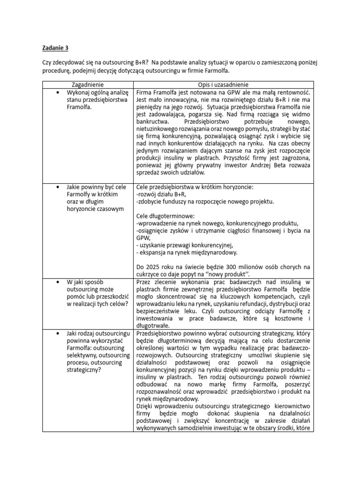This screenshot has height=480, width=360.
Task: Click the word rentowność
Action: coord(291,92)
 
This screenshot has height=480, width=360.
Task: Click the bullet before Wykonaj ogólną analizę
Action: coord(58,92)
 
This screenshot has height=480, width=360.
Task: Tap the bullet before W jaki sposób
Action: coord(58,282)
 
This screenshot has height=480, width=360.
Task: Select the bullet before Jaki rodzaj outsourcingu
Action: coord(58,333)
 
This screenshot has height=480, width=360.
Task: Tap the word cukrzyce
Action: coord(149,274)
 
